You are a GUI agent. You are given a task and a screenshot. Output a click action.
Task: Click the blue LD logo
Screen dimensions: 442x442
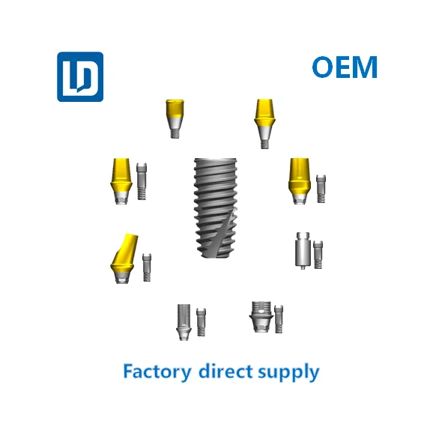point(80,76)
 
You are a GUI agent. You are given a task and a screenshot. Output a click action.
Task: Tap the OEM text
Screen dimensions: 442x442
point(345,67)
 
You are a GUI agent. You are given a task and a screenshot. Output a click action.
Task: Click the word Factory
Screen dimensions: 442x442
point(157,372)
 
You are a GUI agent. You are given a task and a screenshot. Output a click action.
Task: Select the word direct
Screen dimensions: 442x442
point(225,371)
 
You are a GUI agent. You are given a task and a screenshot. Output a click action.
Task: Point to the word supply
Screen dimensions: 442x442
point(288,372)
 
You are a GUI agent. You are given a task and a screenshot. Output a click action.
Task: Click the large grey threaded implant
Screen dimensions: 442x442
point(215,208)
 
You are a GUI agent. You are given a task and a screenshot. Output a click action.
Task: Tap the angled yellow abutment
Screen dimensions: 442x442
point(124,258)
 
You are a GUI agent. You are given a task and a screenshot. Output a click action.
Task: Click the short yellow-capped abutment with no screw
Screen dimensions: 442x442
point(175,118)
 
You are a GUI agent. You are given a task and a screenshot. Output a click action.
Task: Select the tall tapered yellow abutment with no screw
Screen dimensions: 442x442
point(264,124)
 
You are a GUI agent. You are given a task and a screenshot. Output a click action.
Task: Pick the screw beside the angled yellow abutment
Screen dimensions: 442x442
point(147,267)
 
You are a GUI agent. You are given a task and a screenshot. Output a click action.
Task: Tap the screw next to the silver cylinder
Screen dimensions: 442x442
point(318,255)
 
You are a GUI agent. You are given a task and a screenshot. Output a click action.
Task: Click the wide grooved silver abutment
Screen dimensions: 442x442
point(261,317)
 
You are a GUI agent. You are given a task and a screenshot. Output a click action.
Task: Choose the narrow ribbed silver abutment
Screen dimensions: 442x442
point(184,322)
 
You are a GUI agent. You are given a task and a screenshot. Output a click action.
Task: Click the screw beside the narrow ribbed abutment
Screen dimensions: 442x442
point(201,322)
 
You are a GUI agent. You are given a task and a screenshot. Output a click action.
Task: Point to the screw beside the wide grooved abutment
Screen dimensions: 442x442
point(279,319)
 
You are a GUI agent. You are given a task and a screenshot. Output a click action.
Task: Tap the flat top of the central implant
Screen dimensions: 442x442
point(215,160)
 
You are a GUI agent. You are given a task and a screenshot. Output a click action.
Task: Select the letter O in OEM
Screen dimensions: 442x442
point(324,67)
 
